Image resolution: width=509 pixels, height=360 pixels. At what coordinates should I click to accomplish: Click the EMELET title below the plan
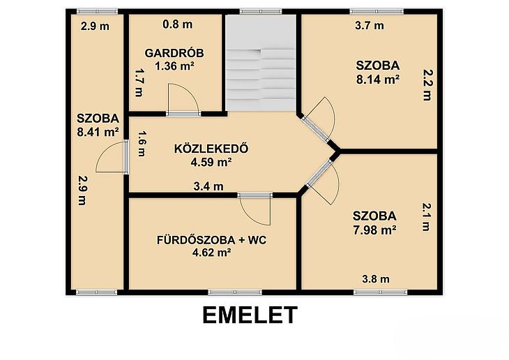[x=250, y=315]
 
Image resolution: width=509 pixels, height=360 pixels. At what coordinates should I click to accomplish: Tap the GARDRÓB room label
[x=174, y=53]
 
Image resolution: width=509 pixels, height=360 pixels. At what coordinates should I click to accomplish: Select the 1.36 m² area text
[x=174, y=66]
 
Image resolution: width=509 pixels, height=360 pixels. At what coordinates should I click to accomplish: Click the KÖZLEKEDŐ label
[x=211, y=149]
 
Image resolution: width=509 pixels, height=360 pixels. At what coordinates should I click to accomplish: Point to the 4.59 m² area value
[x=211, y=162]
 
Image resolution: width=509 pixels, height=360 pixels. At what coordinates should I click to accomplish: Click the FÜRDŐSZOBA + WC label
[x=212, y=240]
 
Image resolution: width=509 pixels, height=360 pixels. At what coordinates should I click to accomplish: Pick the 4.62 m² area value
[x=212, y=253]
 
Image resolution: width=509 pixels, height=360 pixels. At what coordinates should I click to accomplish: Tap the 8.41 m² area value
[x=98, y=132]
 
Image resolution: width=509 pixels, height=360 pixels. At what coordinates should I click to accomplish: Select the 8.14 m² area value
[x=378, y=80]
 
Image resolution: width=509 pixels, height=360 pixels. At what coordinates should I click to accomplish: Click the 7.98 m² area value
[x=374, y=230]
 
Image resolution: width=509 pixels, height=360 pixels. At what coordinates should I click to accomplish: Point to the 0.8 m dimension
[x=178, y=24]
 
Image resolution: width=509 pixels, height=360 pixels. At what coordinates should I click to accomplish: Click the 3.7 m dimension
[x=370, y=25]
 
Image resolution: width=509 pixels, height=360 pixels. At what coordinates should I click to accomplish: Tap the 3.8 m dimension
[x=376, y=279]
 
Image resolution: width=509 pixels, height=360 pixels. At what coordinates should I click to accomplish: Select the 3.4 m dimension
[x=208, y=186]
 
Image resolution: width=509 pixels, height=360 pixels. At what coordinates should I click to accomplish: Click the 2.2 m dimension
[x=427, y=85]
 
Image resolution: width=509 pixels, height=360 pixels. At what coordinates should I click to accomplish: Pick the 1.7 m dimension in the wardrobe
[x=139, y=82]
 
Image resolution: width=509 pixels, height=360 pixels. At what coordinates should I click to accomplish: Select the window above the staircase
[x=261, y=12]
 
